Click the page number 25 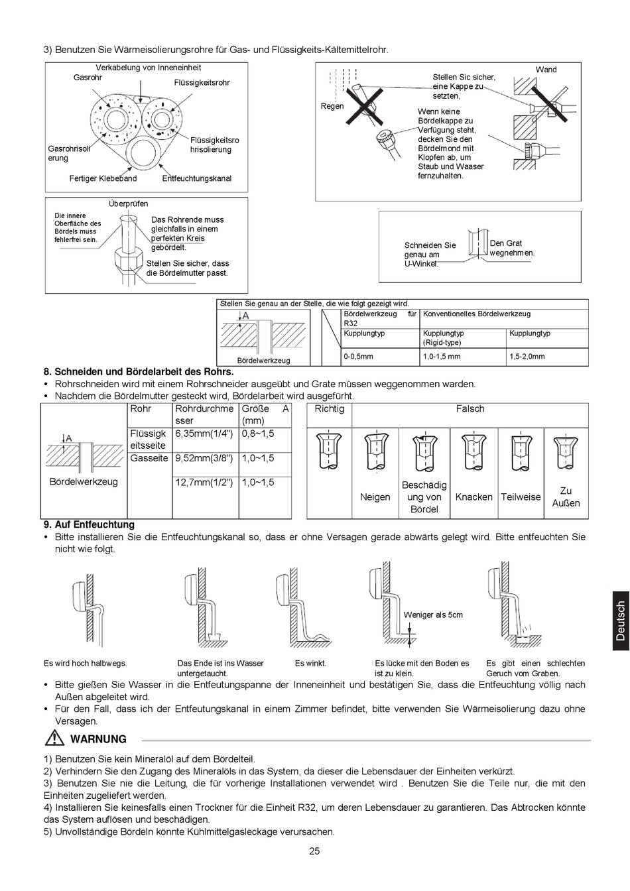click(x=314, y=851)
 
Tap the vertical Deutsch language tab click(x=620, y=621)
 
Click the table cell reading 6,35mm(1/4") click(x=204, y=434)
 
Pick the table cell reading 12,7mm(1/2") click(x=204, y=483)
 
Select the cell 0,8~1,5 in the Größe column click(x=258, y=434)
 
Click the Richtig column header click(x=330, y=409)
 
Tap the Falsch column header click(x=470, y=409)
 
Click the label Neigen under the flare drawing click(x=375, y=497)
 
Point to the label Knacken click(x=473, y=497)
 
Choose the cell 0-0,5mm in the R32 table click(x=359, y=357)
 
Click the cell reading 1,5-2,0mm click(x=527, y=357)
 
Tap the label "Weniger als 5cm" click(x=433, y=615)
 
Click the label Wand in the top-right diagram click(x=546, y=70)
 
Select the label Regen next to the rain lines click(x=332, y=106)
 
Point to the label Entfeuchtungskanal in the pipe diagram click(x=197, y=178)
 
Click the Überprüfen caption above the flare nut click(x=129, y=204)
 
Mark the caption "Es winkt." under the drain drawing click(x=310, y=663)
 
